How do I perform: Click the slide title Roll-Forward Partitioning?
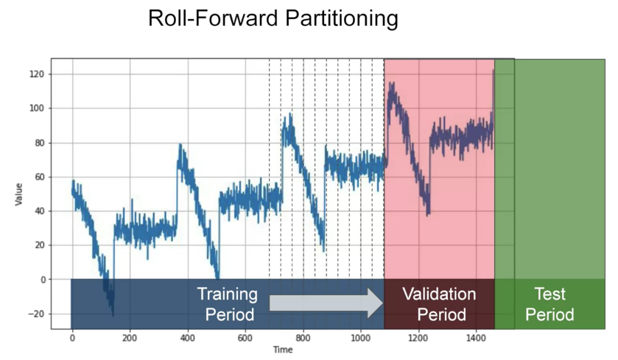tap(273, 19)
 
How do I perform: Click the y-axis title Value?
tap(18, 194)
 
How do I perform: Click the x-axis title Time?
tap(283, 350)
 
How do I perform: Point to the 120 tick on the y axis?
tap(37, 74)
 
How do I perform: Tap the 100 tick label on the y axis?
tap(37, 108)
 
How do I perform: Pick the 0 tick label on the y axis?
tap(42, 280)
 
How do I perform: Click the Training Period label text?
tap(227, 304)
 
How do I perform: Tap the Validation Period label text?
tap(439, 304)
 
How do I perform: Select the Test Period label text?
tap(549, 304)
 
